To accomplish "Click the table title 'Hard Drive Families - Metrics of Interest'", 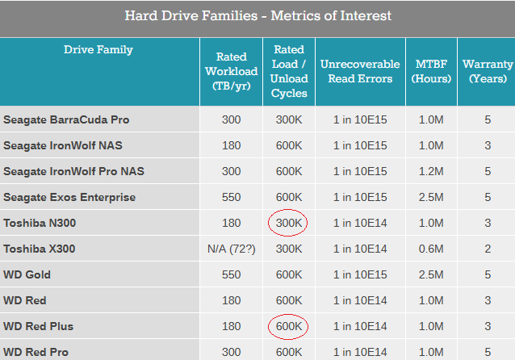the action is (257, 16).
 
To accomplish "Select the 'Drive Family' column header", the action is (98, 49).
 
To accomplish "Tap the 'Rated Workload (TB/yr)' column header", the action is (231, 71).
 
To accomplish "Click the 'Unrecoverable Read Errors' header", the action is (360, 71).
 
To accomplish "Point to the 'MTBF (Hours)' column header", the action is (431, 71).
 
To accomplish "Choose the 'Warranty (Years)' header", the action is (488, 71).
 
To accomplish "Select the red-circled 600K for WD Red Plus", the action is (289, 326).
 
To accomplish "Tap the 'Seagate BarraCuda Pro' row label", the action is (66, 119).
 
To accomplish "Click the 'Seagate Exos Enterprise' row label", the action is (69, 197).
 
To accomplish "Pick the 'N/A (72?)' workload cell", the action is (231, 249).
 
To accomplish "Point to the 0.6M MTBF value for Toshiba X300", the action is (431, 249).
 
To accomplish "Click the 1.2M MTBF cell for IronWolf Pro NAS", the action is (431, 171).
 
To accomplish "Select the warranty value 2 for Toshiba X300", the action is (488, 249).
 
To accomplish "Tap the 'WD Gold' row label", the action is (27, 274).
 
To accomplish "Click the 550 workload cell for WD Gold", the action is (231, 274).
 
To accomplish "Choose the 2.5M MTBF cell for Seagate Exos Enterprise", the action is (431, 197).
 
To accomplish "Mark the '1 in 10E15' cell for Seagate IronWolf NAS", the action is (360, 145).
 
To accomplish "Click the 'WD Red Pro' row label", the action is (36, 352).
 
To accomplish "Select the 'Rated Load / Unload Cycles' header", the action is (289, 71).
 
